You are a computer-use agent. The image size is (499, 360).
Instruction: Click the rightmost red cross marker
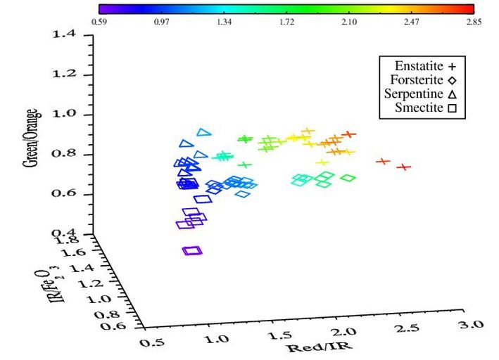403,167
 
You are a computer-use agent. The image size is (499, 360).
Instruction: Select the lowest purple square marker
192,250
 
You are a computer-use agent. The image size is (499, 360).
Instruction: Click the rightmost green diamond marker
348,177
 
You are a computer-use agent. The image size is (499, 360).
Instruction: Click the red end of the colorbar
470,9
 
